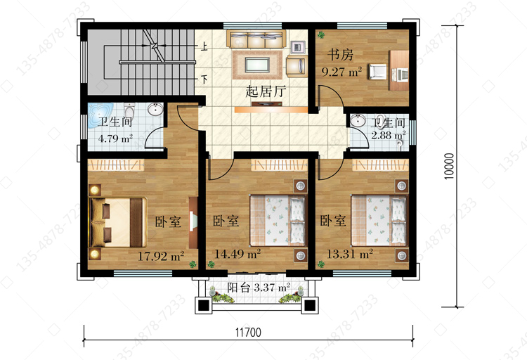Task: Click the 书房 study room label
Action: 340,55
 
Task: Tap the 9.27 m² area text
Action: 341,71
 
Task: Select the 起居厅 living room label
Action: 266,91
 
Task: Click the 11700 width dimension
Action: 248,333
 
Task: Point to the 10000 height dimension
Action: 449,166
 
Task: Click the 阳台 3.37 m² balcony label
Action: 259,288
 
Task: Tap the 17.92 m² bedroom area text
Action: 161,256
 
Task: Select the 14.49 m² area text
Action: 238,254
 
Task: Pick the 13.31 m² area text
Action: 350,253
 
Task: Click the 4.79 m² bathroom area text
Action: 115,139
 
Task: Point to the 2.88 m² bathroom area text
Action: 388,135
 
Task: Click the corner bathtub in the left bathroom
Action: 100,115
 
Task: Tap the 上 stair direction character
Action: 204,46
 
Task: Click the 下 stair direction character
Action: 204,79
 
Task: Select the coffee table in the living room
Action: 257,65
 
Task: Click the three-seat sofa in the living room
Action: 256,39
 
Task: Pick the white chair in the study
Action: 377,72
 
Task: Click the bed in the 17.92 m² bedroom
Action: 117,222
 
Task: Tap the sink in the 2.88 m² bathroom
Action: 358,120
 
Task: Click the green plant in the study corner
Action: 321,34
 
